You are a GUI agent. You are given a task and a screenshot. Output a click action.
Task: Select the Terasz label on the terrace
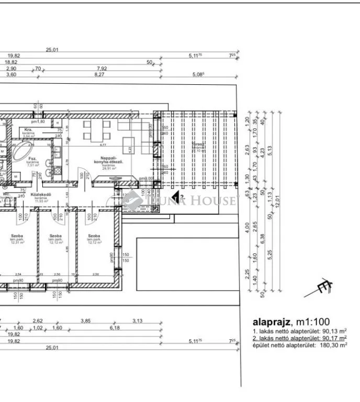coord(198,143)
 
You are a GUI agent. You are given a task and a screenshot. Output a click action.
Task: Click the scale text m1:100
coord(313,322)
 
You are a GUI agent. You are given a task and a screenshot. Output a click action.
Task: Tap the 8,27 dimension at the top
coord(99,75)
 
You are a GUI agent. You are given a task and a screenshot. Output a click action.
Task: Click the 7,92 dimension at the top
coord(102,68)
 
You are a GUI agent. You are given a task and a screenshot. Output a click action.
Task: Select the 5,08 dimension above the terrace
coord(197,75)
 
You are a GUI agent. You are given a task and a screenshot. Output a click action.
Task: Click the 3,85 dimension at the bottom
coord(85,321)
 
